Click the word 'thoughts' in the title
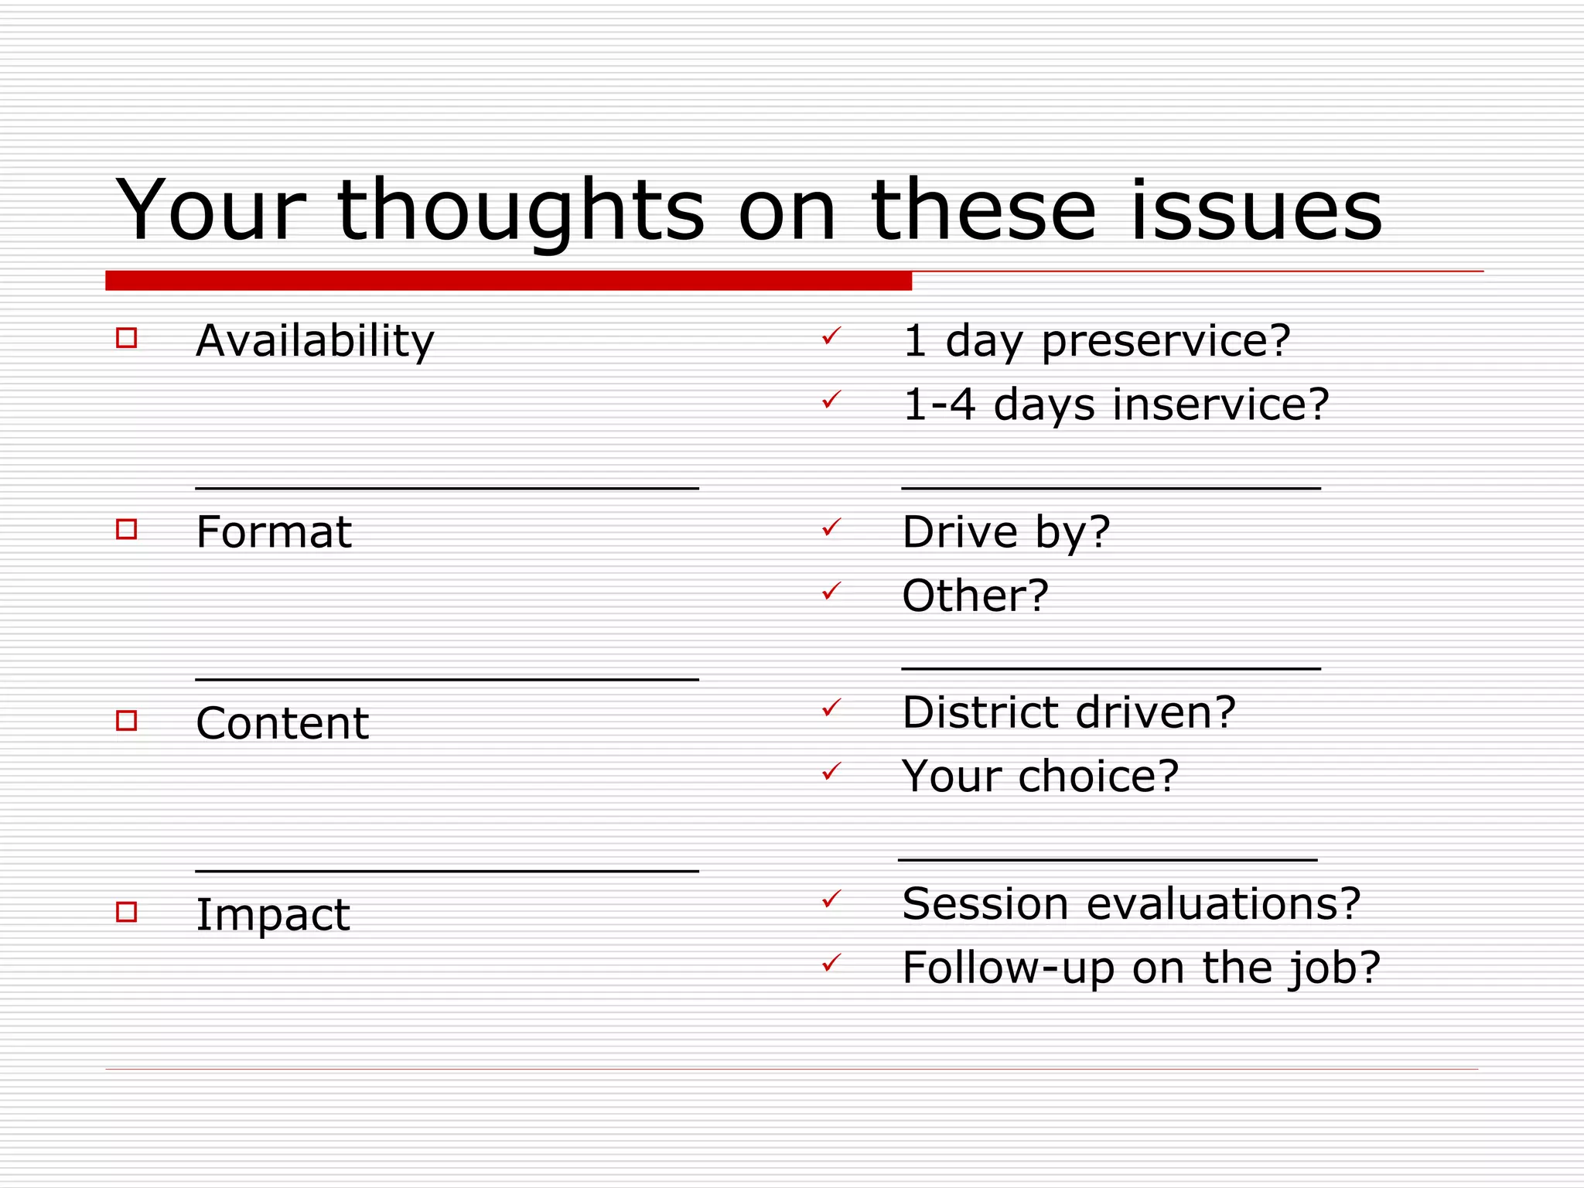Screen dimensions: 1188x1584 520,210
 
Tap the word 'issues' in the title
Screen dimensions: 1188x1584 1256,210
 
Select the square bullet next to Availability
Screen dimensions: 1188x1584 126,338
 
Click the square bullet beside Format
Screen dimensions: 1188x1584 126,529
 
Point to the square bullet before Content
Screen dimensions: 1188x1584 126,721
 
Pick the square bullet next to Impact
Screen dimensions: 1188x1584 126,912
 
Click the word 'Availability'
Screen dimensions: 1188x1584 315,341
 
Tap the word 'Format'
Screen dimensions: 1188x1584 274,532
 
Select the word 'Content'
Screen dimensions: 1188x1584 282,724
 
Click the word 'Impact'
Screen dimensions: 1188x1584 272,916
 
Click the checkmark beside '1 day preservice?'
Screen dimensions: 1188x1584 831,336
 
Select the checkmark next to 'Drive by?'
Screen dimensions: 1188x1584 831,527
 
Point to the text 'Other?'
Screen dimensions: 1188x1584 975,596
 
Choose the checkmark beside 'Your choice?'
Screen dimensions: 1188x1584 831,771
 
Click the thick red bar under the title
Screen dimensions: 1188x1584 508,281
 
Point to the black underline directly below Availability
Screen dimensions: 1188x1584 447,488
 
